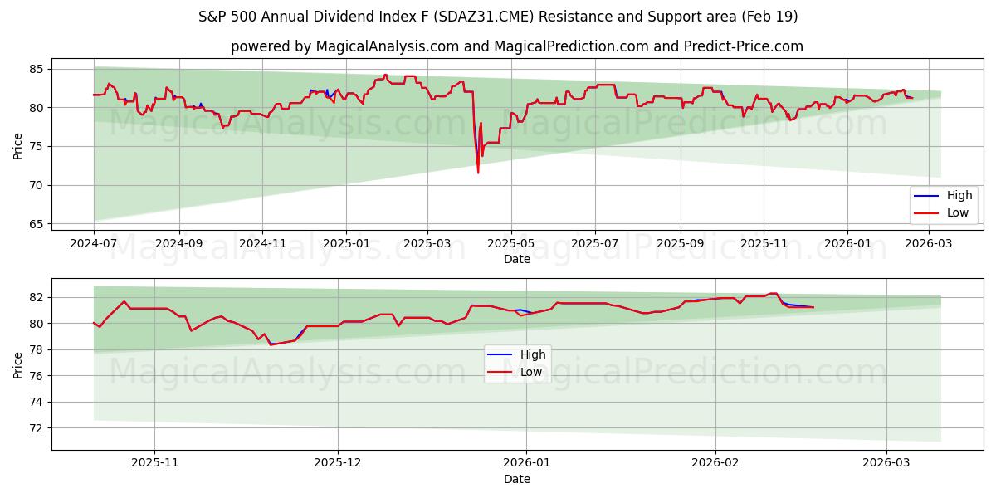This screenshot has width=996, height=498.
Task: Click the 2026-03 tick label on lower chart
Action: (886, 463)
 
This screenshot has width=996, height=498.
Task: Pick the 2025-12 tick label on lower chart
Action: (338, 463)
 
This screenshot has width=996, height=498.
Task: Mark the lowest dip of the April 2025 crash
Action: (478, 173)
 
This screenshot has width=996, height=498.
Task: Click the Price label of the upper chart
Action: (17, 146)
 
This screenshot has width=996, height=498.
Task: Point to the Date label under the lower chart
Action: (516, 479)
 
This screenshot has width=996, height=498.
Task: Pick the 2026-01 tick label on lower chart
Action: (527, 463)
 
